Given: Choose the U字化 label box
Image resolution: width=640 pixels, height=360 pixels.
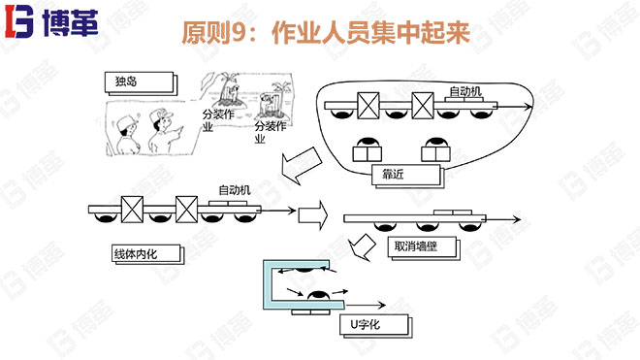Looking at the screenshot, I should pyautogui.click(x=372, y=324).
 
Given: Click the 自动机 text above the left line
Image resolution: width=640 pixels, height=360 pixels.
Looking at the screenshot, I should pyautogui.click(x=234, y=190).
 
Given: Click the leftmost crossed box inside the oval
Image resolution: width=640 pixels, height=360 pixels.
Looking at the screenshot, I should pyautogui.click(x=368, y=105).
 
